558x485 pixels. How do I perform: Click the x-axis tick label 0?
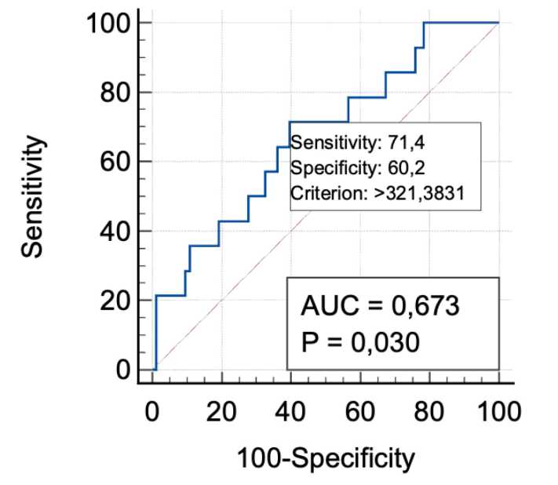point(153,410)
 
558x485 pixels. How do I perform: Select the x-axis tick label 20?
point(222,410)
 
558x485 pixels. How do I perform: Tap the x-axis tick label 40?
point(291,410)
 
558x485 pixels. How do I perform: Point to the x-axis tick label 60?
point(360,410)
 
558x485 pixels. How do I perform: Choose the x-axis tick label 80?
point(429,410)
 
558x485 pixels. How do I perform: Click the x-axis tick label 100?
point(498,410)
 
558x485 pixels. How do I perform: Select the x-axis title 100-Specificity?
point(326,458)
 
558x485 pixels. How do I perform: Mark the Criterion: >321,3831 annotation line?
point(374,191)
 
